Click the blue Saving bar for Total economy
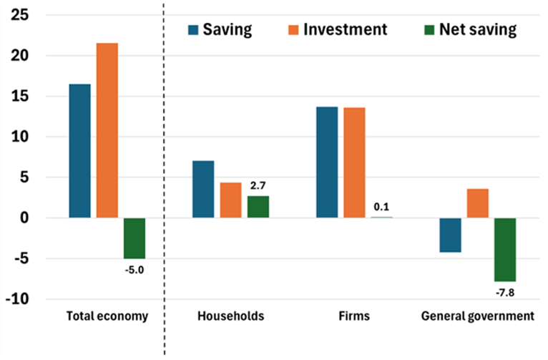point(79,150)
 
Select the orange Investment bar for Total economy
point(107,130)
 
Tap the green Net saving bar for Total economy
point(134,238)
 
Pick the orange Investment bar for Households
point(230,200)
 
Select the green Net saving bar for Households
point(258,206)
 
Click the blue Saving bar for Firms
point(327,162)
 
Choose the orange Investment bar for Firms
point(354,162)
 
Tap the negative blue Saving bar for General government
point(450,235)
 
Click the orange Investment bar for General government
point(478,203)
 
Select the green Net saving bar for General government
point(505,249)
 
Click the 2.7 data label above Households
point(258,186)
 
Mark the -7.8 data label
point(505,292)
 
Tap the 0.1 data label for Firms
point(382,207)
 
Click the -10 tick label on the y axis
point(19,299)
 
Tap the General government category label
point(477,316)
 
